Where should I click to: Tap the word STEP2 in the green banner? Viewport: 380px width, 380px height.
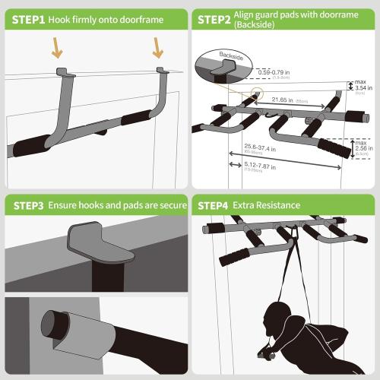[x=217, y=19]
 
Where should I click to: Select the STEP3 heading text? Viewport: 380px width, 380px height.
[x=27, y=205]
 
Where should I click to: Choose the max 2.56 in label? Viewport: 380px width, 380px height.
[x=363, y=146]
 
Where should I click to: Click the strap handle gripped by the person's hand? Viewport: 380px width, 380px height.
[x=264, y=355]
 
